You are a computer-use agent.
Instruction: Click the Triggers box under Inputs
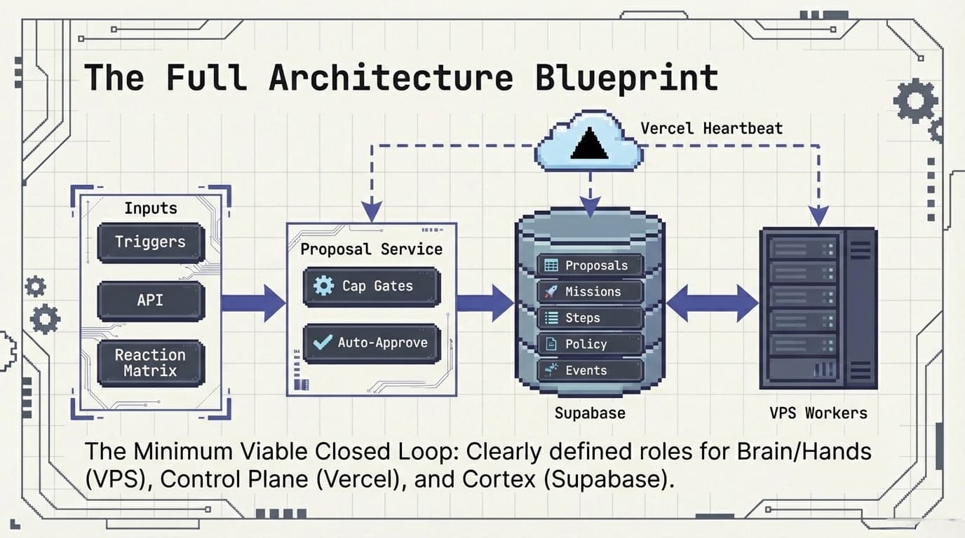click(151, 242)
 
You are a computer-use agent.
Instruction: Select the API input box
click(151, 301)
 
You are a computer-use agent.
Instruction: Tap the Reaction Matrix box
click(151, 363)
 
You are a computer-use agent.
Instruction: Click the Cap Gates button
click(371, 286)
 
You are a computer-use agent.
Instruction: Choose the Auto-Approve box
click(371, 343)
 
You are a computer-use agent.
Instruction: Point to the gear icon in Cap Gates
click(323, 286)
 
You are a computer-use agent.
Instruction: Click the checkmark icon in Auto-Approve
click(323, 342)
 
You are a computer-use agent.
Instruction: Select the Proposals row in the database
click(590, 265)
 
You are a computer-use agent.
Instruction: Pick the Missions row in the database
click(590, 291)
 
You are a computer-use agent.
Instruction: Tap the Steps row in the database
click(590, 318)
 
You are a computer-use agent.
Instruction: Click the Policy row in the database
click(590, 344)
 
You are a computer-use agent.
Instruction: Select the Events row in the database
click(590, 371)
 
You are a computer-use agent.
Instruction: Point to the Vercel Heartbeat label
click(711, 128)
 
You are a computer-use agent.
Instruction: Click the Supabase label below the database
click(589, 413)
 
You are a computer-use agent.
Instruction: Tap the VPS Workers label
click(818, 413)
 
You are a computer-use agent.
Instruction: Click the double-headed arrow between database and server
click(712, 303)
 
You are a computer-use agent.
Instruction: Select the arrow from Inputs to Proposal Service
click(253, 303)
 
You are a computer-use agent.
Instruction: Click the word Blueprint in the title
click(626, 78)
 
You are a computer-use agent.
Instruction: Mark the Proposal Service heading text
click(371, 249)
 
